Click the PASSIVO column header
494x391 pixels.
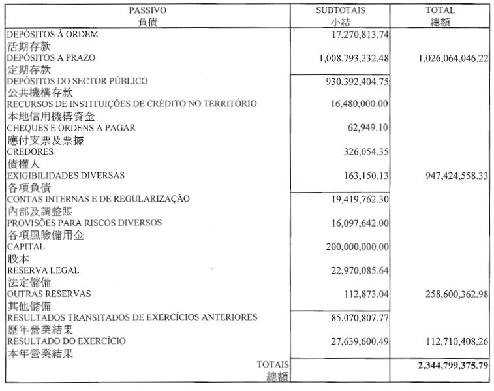click(147, 10)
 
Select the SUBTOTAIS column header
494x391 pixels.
click(340, 10)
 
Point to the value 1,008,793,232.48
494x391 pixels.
click(345, 58)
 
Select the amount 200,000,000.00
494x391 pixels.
click(349, 247)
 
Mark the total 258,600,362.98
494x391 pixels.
click(447, 294)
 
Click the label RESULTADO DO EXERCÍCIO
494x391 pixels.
click(66, 341)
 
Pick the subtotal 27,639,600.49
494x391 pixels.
click(352, 341)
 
